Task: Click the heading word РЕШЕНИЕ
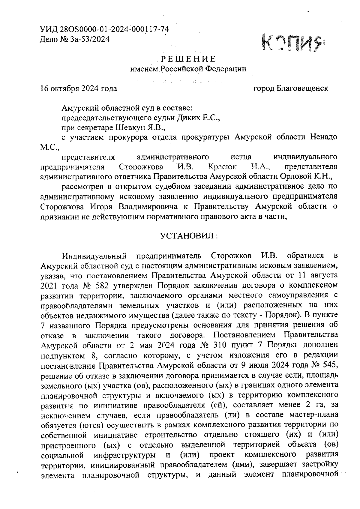(x=188, y=58)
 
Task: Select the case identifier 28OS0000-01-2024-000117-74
(x=114, y=29)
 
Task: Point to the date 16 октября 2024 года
(x=79, y=88)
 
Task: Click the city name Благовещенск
(x=303, y=88)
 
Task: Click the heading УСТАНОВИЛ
(x=187, y=236)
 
